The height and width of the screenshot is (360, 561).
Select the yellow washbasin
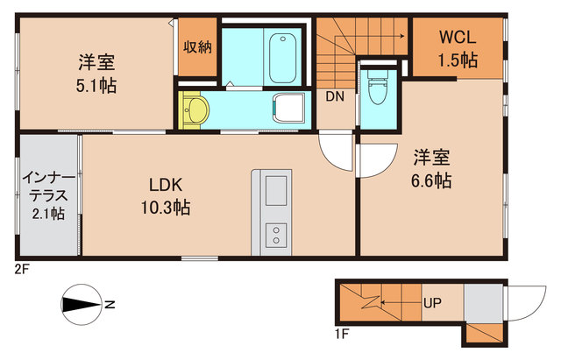(x=196, y=110)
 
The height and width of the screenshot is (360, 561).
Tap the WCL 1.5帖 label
(x=458, y=48)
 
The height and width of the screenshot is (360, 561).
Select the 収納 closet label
(x=197, y=46)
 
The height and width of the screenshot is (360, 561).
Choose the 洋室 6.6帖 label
(x=432, y=170)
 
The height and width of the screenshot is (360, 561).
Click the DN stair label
(x=335, y=97)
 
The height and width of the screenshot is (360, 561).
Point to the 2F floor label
(x=21, y=270)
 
